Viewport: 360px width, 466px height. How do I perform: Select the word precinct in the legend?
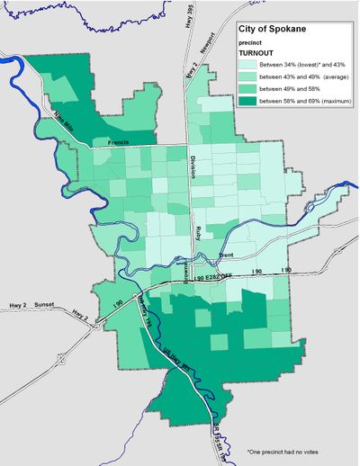[x=250, y=43]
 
